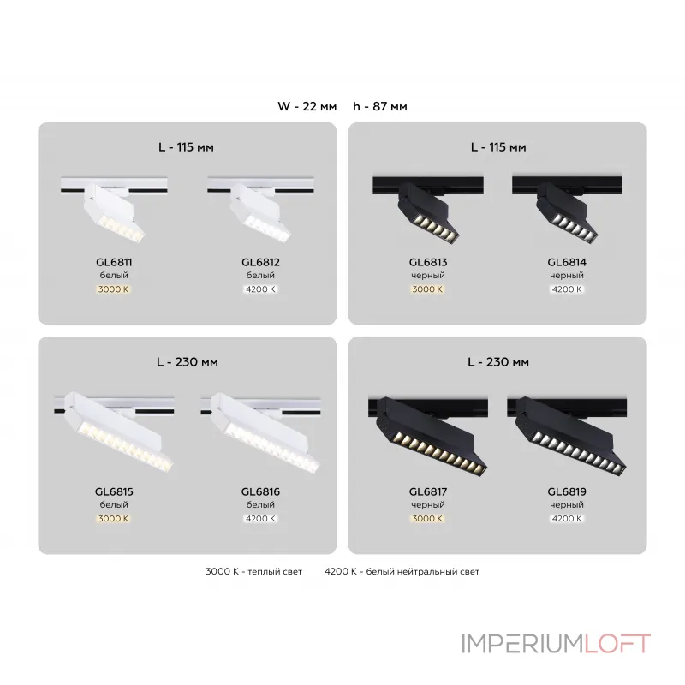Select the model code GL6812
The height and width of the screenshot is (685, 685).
click(x=260, y=263)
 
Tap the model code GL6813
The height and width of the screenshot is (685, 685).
click(x=426, y=263)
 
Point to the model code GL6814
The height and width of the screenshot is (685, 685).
click(x=565, y=263)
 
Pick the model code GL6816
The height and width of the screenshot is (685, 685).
click(x=260, y=491)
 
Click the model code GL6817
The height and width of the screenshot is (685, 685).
click(x=426, y=491)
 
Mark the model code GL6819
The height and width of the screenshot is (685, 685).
click(x=565, y=491)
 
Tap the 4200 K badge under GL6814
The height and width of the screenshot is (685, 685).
click(x=565, y=289)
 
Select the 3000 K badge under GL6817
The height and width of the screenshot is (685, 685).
click(x=426, y=518)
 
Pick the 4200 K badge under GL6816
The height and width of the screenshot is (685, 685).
click(x=260, y=518)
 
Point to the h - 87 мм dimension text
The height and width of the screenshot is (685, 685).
click(x=380, y=107)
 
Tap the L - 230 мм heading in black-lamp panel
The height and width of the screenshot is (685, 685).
click(x=500, y=362)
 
